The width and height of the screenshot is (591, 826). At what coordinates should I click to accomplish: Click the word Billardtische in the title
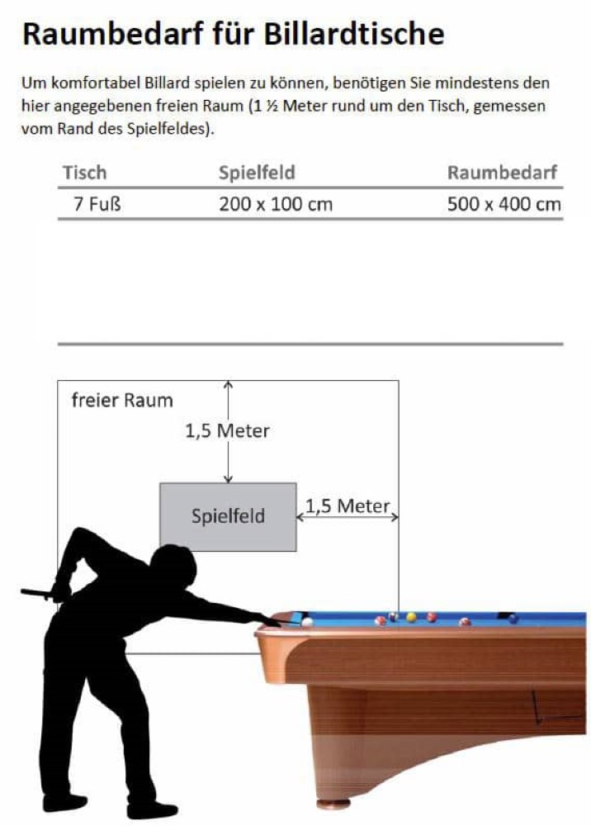tap(357, 34)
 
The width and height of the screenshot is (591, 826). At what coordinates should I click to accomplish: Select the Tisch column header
tap(85, 173)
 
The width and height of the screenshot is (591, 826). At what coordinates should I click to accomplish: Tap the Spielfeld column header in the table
tap(257, 173)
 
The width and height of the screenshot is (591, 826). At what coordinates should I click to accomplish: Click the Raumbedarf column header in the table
tap(503, 173)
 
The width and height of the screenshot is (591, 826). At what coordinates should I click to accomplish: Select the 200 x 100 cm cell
tap(276, 204)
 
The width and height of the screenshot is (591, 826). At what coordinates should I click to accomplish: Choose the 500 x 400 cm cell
tap(504, 204)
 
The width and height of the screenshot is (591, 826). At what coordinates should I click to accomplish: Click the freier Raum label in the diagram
tap(122, 401)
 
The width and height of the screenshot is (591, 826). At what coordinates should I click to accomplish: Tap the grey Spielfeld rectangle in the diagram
tap(228, 517)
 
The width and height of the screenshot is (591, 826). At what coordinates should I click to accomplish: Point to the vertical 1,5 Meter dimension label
tap(227, 430)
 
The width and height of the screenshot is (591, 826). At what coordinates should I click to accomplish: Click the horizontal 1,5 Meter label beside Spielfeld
tap(348, 506)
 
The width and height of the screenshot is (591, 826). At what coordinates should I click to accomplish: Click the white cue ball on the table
tap(307, 622)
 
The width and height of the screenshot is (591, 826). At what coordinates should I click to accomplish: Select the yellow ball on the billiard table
tap(411, 617)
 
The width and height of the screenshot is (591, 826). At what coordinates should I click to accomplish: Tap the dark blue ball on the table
tap(513, 618)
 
